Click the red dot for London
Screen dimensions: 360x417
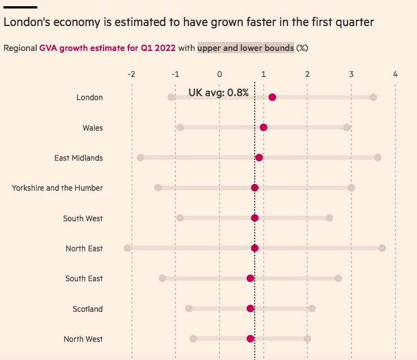click(272, 97)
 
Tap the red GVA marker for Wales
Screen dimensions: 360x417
click(264, 127)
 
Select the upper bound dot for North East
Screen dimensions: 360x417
click(382, 248)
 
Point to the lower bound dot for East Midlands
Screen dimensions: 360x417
click(140, 157)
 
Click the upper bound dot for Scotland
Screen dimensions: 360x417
click(312, 308)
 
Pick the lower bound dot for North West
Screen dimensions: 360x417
click(193, 338)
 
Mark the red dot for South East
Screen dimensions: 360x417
click(251, 278)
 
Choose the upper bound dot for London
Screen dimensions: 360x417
click(373, 97)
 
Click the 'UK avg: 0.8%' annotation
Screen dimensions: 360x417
click(218, 92)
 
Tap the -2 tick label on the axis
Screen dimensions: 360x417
click(131, 74)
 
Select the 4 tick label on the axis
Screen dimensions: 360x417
click(395, 74)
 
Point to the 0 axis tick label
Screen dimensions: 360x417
click(220, 74)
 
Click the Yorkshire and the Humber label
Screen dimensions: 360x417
click(57, 188)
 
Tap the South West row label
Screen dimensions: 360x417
click(83, 218)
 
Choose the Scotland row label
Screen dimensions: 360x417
click(88, 309)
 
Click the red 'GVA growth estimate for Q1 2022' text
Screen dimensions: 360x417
click(108, 48)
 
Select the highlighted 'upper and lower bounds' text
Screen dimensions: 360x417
click(246, 48)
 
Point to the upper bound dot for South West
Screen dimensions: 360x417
click(329, 218)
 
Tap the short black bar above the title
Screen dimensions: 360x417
click(20, 7)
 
